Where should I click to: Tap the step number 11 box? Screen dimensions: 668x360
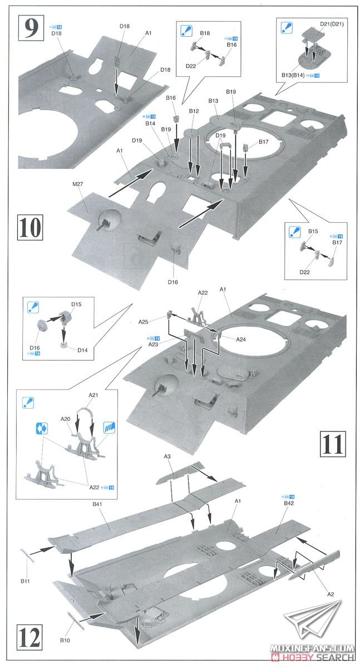coord(333,443)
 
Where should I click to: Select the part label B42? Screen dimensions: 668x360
coord(289,503)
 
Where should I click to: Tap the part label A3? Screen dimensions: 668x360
coord(167,456)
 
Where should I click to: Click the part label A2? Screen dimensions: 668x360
coord(330,594)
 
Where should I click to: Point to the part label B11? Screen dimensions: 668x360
coord(24,581)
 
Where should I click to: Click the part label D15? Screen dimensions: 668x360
coord(76,304)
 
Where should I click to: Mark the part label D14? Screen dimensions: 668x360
coord(82,350)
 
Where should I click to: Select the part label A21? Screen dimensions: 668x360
coord(93,395)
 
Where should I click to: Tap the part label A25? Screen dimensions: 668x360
coord(144,322)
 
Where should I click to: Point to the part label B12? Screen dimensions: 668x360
coord(194,111)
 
